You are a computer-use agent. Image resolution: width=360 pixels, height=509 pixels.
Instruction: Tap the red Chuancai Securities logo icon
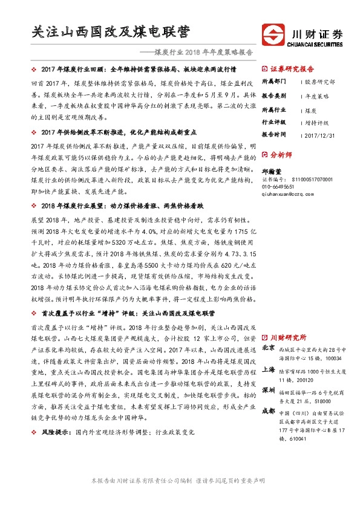click(x=272, y=34)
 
